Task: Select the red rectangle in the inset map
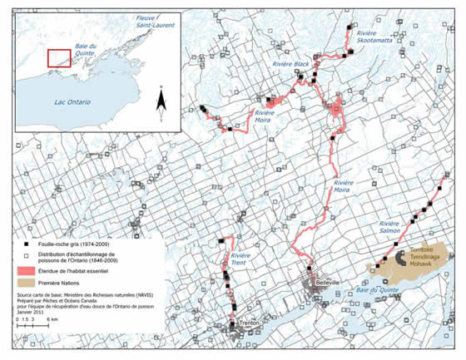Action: pos(58,58)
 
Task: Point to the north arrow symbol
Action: pos(162,100)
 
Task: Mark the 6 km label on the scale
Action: pos(51,318)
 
